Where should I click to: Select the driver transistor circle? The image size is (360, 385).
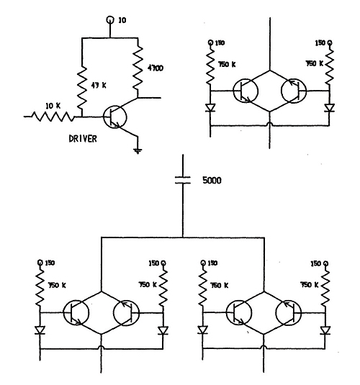tap(116, 117)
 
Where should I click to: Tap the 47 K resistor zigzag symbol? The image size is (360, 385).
tap(81, 85)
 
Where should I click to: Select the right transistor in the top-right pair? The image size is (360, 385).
tap(292, 91)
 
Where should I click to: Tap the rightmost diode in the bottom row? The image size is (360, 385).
tap(326, 330)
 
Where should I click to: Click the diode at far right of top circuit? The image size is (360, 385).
tap(328, 110)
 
